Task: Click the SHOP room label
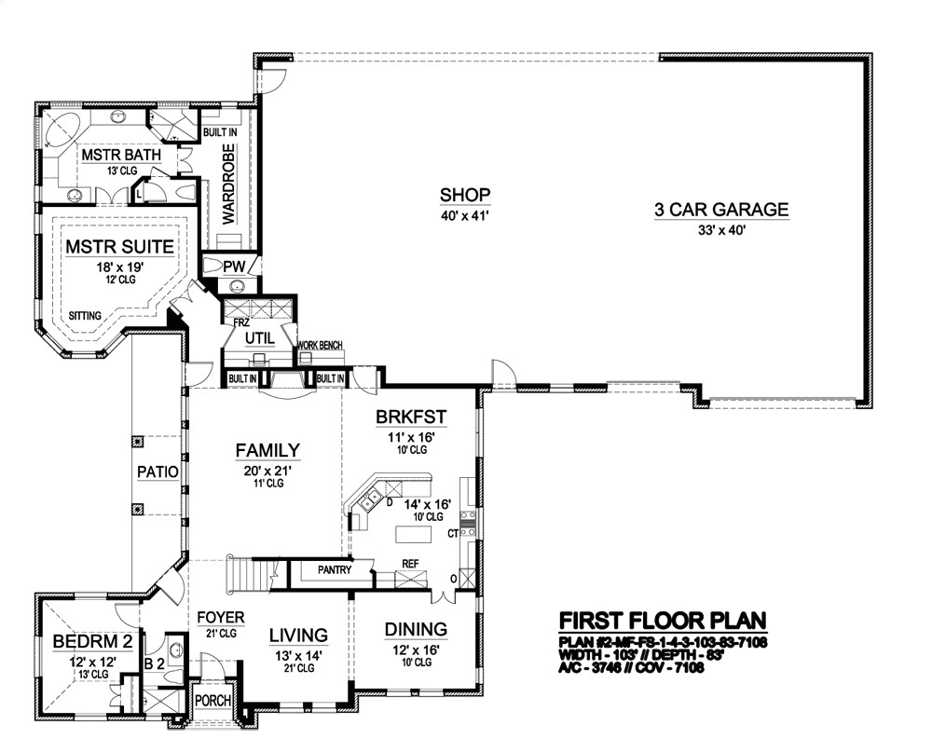[465, 195]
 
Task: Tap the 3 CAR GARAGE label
[720, 210]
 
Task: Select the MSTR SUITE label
[119, 247]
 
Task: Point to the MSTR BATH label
[121, 154]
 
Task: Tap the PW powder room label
[233, 267]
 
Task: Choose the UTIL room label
[257, 336]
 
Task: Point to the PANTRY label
[334, 569]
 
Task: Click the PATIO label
[158, 472]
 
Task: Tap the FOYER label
[220, 618]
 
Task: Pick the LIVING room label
[298, 636]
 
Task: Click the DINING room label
[416, 629]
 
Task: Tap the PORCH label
[213, 701]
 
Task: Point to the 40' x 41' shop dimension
[465, 216]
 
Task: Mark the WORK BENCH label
[319, 346]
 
